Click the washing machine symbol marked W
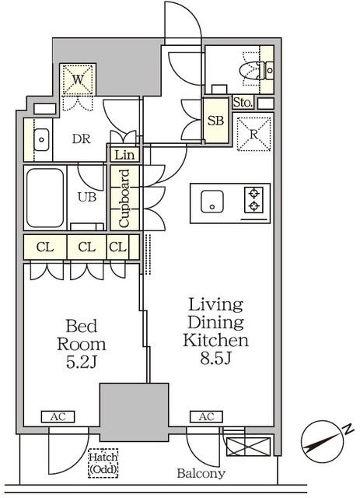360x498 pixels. pyautogui.click(x=78, y=79)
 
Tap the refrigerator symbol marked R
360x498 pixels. pyautogui.click(x=253, y=134)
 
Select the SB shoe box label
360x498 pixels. pyautogui.click(x=215, y=121)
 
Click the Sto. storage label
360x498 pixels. pyautogui.click(x=243, y=102)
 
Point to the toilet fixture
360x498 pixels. pyautogui.click(x=257, y=70)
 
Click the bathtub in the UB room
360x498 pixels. pyautogui.click(x=45, y=198)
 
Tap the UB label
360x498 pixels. pyautogui.click(x=87, y=197)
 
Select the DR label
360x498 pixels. pyautogui.click(x=82, y=139)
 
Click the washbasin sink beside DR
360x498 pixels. pyautogui.click(x=41, y=140)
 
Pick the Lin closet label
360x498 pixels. pyautogui.click(x=124, y=156)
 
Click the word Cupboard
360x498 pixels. pyautogui.click(x=124, y=198)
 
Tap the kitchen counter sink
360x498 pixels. pyautogui.click(x=212, y=202)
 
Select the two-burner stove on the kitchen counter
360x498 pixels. pyautogui.click(x=253, y=200)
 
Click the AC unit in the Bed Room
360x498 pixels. pyautogui.click(x=58, y=417)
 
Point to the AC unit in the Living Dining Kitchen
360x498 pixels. pyautogui.click(x=206, y=417)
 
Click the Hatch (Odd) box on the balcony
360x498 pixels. pyautogui.click(x=103, y=463)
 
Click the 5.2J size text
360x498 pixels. pyautogui.click(x=81, y=363)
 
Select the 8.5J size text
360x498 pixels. pyautogui.click(x=215, y=359)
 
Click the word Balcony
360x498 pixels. pyautogui.click(x=201, y=473)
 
